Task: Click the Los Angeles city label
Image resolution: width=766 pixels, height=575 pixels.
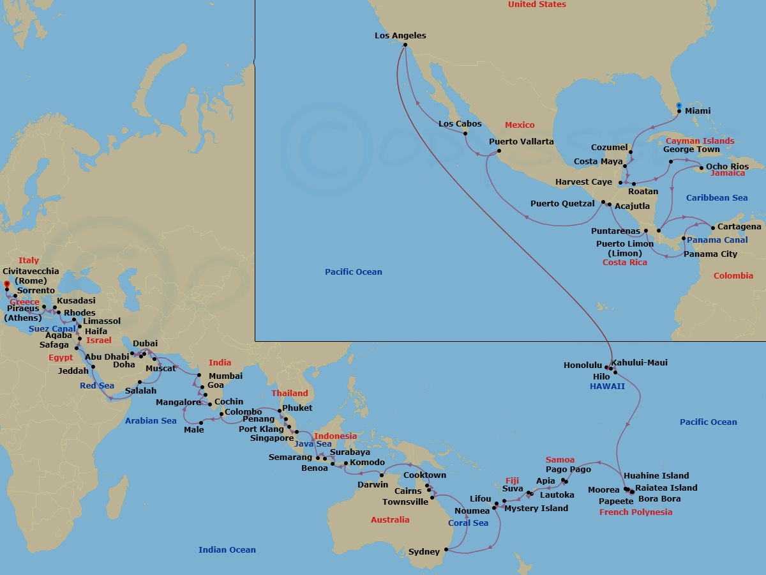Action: [400, 36]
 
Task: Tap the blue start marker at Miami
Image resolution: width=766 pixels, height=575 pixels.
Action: [679, 105]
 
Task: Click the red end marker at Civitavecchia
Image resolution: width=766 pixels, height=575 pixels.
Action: [6, 284]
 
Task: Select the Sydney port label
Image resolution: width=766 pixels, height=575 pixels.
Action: [424, 551]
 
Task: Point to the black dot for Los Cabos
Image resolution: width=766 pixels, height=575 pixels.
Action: [465, 133]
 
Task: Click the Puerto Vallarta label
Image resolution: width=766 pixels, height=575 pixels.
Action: [522, 141]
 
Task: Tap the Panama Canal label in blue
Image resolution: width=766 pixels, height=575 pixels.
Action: [717, 240]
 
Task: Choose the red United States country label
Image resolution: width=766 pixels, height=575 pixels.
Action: [537, 4]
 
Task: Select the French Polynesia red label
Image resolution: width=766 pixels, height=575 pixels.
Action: [635, 512]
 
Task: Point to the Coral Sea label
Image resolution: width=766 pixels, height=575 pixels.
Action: [468, 523]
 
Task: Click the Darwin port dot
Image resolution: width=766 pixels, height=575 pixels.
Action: [382, 475]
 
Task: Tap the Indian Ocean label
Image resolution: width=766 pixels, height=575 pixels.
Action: [227, 549]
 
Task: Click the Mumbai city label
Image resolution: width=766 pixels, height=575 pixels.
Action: [225, 376]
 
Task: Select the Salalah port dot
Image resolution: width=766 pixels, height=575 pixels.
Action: [140, 382]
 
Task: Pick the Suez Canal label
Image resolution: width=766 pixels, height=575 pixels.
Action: [52, 329]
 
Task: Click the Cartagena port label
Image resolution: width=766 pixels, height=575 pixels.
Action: [739, 227]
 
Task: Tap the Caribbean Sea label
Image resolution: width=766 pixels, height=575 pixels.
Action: [717, 198]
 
